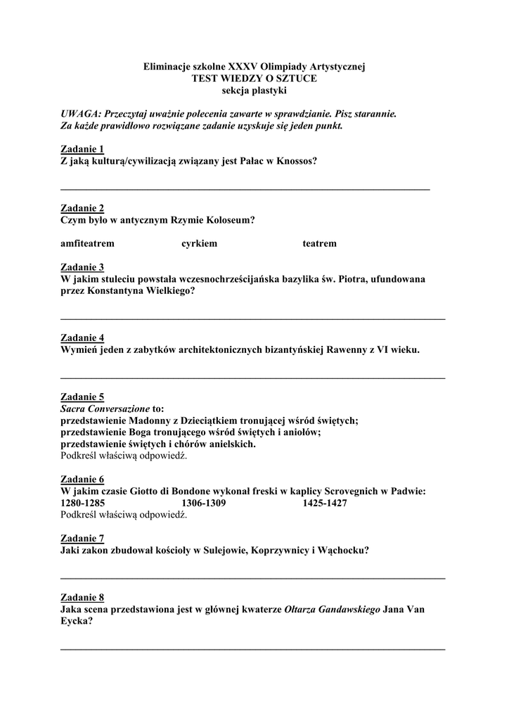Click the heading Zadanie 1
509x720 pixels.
tap(82, 149)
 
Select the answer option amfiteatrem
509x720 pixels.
tap(87, 243)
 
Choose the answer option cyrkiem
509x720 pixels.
tap(199, 243)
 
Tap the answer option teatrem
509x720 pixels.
tap(319, 243)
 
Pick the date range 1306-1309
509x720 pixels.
tap(203, 503)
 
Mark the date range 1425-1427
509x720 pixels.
tap(325, 503)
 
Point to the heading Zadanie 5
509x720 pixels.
tap(82, 397)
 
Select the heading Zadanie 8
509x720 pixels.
tap(82, 598)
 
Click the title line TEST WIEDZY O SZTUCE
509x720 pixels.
tap(254, 79)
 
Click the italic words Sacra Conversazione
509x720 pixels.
tap(105, 409)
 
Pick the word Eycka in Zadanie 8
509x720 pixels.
tap(75, 622)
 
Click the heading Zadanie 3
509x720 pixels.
tap(82, 267)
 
